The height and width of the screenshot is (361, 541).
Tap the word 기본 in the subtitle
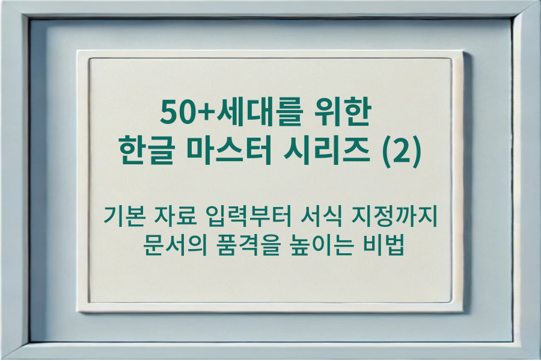point(122,215)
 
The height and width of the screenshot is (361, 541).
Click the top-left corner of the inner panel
point(90,59)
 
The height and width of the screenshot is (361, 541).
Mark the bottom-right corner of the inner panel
point(451,302)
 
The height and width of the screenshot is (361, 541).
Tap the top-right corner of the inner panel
point(451,59)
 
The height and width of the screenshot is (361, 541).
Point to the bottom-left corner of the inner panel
point(90,302)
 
